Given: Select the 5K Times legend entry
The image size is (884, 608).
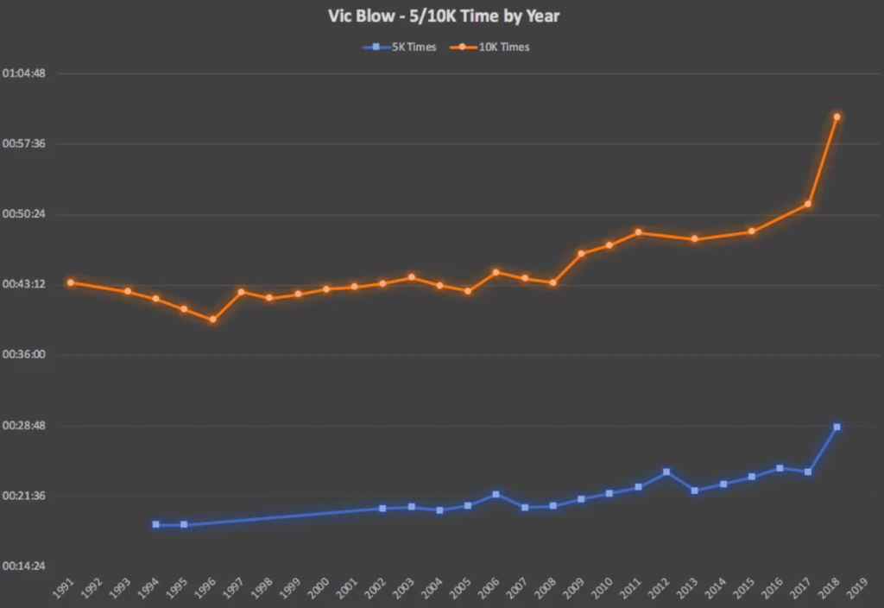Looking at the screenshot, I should (399, 47).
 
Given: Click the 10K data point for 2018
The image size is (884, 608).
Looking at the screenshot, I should (837, 117).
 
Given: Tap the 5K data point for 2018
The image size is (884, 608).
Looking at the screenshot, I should (837, 427).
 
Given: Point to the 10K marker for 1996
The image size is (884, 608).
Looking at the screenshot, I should (212, 320).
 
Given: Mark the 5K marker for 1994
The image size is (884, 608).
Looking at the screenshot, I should (155, 524).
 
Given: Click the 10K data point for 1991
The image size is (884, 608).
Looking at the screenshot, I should (71, 282).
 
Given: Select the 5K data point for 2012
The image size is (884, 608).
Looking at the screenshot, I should (666, 472).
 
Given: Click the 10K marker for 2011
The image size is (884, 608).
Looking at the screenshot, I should (638, 232).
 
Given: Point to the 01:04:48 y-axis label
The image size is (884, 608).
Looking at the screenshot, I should (24, 73).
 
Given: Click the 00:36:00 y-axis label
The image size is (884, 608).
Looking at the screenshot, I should (24, 355).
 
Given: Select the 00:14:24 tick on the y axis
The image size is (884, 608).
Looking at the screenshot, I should (24, 567).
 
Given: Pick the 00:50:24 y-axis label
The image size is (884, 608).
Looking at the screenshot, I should (24, 214).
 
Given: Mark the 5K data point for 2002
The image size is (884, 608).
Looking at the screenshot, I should (382, 508).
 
